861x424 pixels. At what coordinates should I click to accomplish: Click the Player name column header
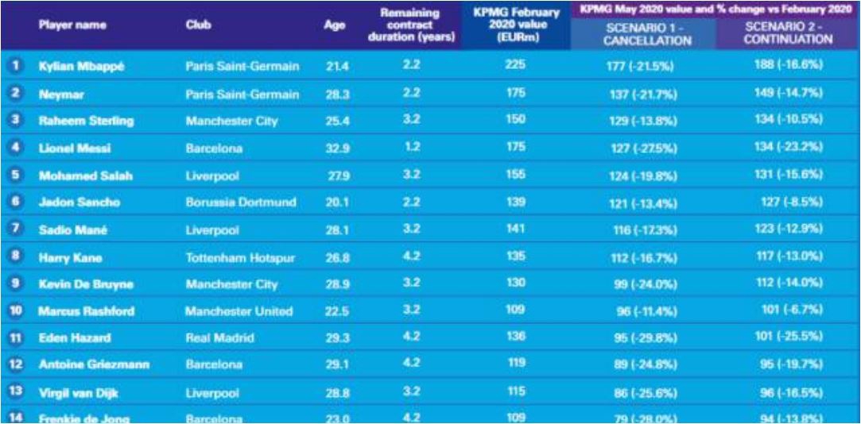point(72,25)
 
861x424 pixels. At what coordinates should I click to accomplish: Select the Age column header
point(335,25)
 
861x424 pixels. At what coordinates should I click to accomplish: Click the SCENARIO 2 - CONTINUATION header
point(788,33)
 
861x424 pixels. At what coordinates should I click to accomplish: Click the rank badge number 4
point(14,148)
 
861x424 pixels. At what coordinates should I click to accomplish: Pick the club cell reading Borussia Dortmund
point(240,202)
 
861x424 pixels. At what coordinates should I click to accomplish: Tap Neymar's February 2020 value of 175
point(515,94)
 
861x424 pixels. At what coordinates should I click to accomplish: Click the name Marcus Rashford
point(85,311)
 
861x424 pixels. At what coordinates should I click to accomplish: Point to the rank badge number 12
point(14,365)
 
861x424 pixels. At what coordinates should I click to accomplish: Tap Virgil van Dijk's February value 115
point(515,392)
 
